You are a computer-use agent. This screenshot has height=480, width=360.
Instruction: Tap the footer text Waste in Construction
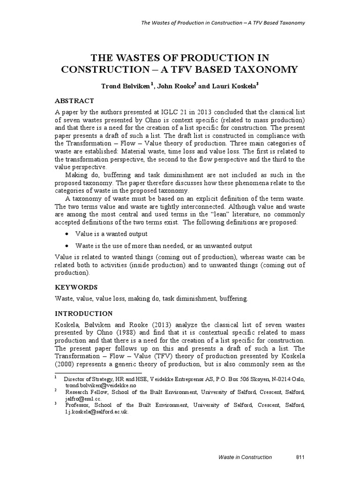245,457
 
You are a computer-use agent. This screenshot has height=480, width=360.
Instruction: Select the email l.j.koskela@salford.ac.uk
96,412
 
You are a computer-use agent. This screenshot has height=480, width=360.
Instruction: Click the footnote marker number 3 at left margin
56,404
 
